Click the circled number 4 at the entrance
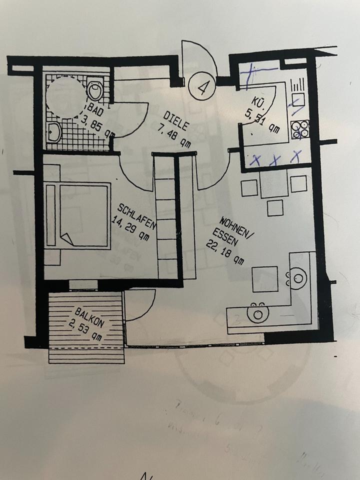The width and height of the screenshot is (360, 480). point(202,88)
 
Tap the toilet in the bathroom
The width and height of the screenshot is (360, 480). point(94,90)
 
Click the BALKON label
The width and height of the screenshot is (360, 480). point(90,317)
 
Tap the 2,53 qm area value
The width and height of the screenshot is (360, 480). point(86,330)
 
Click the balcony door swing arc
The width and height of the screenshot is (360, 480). point(139,305)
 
